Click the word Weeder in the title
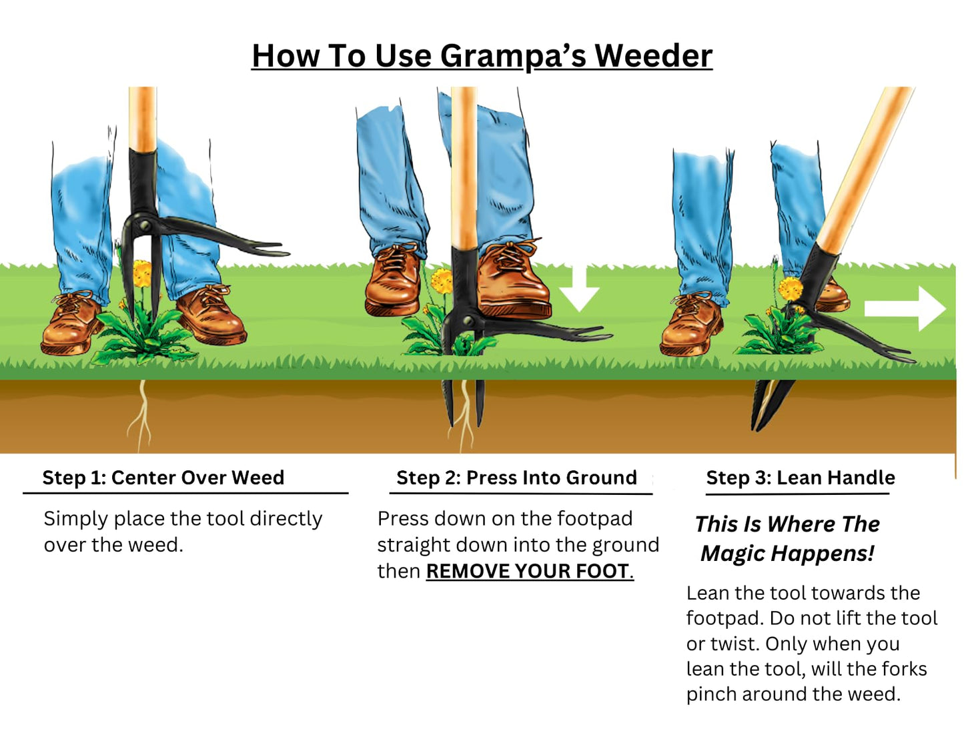653,55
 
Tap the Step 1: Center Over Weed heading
163,478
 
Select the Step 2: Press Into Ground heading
516,478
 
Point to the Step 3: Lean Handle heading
800,478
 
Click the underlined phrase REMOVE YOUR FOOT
528,571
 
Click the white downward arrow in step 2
578,289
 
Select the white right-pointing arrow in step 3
905,308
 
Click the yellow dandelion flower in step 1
142,273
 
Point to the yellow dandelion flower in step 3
791,289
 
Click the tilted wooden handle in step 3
867,167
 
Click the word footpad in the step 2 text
594,518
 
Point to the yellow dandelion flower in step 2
443,280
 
